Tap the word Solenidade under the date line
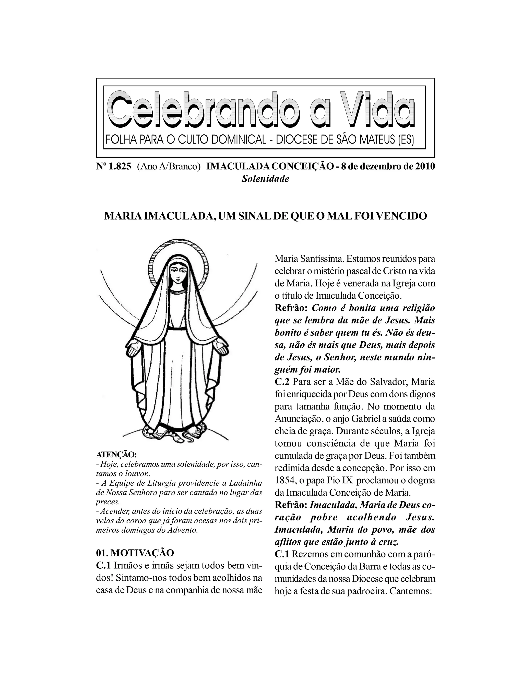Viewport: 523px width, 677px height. click(265, 179)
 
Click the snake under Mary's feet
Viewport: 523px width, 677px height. click(180, 436)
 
